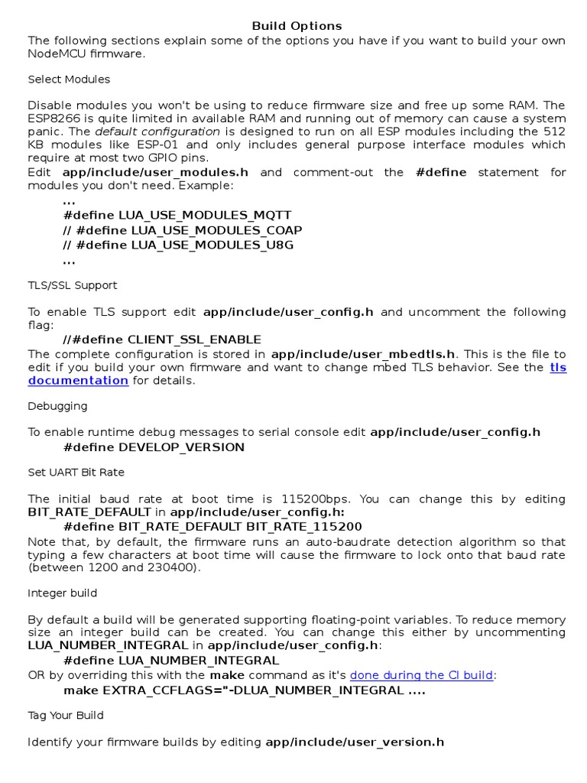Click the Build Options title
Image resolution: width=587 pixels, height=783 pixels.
[x=297, y=26]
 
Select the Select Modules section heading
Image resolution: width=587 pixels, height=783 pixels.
[x=69, y=80]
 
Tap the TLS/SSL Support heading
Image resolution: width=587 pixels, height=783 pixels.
[x=73, y=285]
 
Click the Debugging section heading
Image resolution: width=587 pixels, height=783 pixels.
[x=57, y=406]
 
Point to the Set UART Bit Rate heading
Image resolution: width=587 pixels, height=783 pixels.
[x=76, y=473]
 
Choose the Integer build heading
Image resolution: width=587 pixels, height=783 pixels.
[x=63, y=593]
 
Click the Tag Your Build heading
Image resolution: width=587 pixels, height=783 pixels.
[x=66, y=716]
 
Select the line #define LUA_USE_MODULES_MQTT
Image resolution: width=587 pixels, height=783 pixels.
[x=177, y=216]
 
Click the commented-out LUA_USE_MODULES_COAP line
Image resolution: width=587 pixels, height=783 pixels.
[x=183, y=230]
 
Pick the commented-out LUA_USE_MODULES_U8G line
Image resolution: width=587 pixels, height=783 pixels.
[x=178, y=245]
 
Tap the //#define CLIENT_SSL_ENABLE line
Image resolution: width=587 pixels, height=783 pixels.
[x=163, y=340]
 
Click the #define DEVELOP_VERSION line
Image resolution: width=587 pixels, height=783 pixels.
[x=154, y=447]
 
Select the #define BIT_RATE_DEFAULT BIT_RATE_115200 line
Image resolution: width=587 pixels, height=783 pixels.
[x=213, y=527]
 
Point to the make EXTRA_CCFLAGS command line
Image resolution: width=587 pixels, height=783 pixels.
[x=245, y=690]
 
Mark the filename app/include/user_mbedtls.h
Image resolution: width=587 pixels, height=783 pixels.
[x=364, y=354]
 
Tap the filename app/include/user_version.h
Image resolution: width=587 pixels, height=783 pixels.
[x=355, y=742]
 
